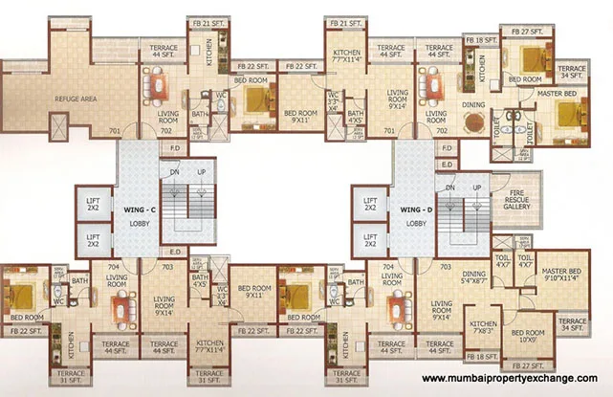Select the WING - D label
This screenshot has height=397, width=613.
tap(415, 207)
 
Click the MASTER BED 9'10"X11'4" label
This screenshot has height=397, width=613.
tap(561, 276)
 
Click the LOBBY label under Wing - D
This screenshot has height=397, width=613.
tap(415, 223)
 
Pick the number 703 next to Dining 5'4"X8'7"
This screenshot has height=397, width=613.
tap(443, 266)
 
